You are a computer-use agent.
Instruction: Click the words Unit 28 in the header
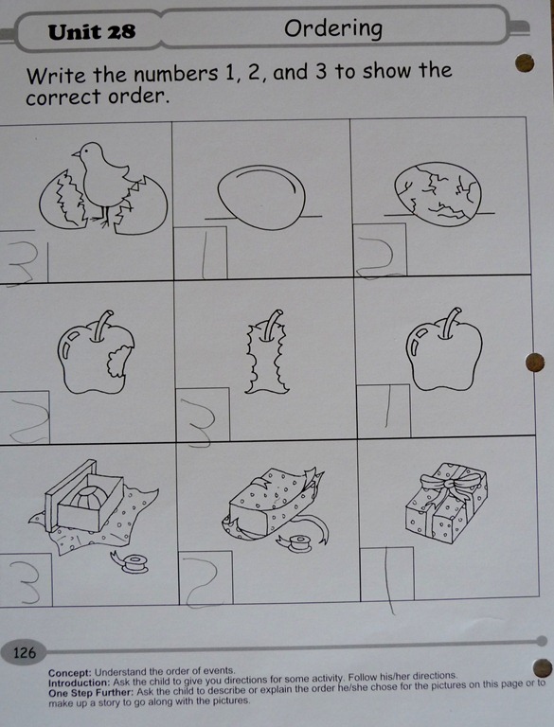tap(92, 32)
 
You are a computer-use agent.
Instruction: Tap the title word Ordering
tap(333, 29)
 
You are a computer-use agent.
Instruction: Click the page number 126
tap(24, 653)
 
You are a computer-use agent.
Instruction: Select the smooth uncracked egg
tap(261, 197)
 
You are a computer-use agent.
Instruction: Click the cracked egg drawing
tap(438, 194)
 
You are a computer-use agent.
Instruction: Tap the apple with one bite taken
tap(96, 353)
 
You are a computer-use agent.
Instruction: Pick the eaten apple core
tap(267, 352)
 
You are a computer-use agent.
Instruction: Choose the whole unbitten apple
tap(444, 349)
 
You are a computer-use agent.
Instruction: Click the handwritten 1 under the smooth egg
tap(205, 254)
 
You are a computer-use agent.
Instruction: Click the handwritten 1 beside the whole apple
tap(387, 407)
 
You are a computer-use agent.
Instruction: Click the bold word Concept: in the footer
tap(70, 672)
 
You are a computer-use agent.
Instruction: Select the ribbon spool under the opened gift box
tap(130, 562)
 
